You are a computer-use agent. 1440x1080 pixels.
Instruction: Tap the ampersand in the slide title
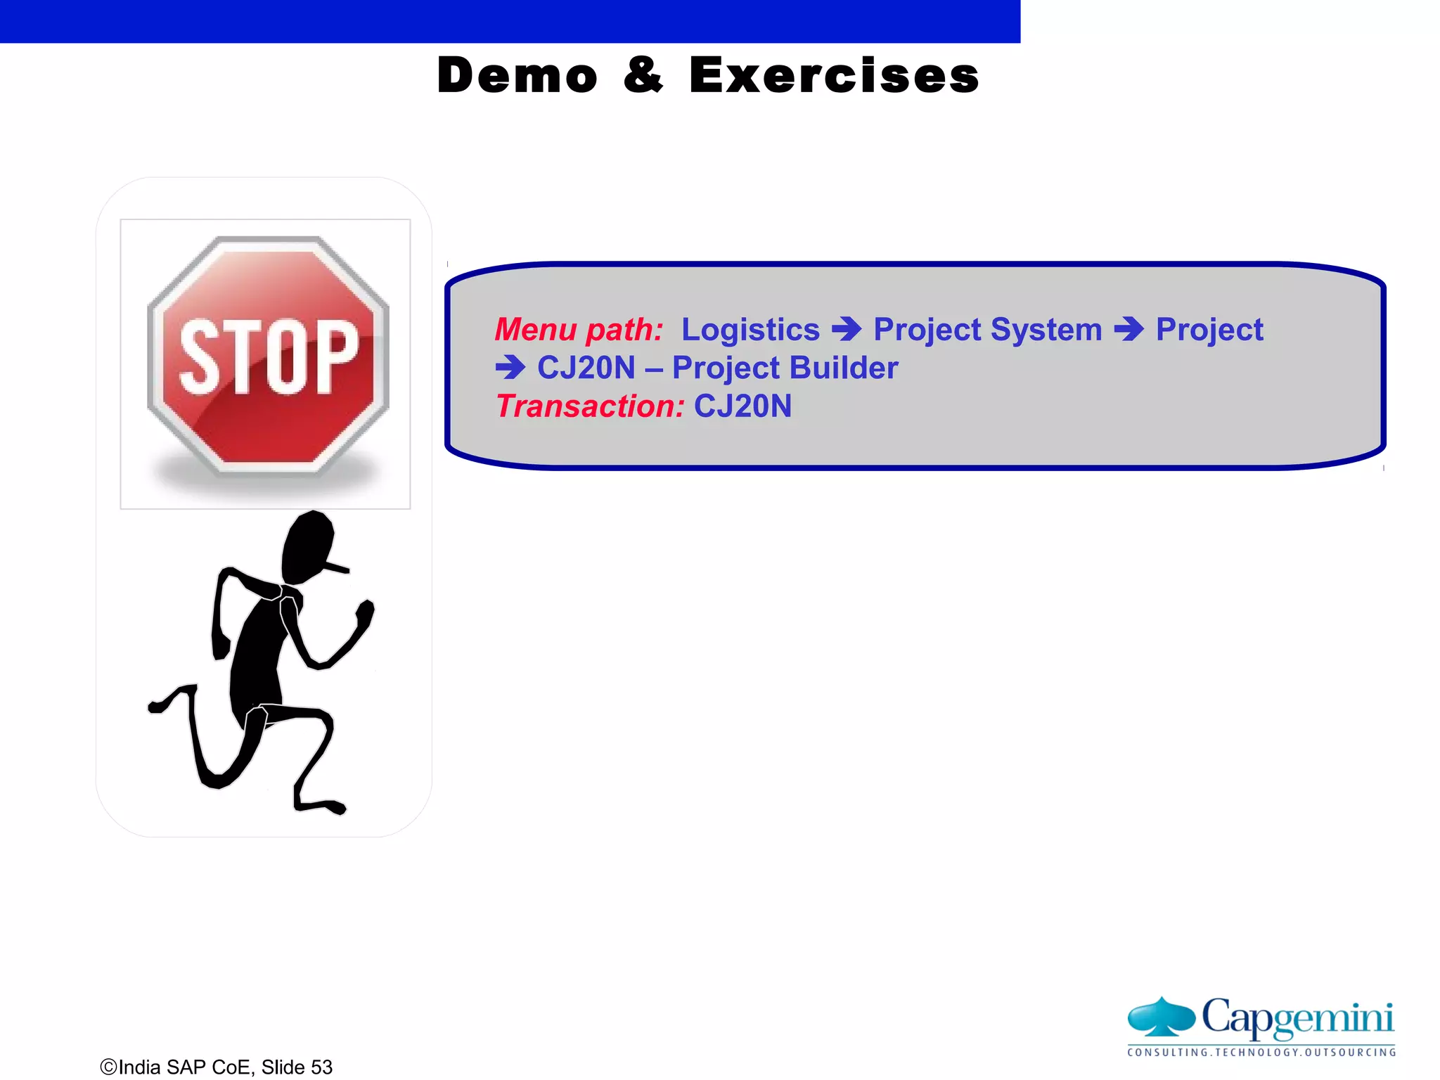tap(643, 75)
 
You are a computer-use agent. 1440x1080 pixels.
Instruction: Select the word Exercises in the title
tap(834, 75)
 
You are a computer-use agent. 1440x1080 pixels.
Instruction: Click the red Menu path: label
tap(579, 330)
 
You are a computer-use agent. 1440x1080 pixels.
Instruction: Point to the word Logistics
tap(750, 330)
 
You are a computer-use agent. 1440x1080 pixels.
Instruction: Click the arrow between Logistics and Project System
tap(847, 329)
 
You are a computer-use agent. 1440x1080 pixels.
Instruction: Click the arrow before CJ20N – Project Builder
tap(510, 367)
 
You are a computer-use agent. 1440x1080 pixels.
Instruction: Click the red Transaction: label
tap(590, 406)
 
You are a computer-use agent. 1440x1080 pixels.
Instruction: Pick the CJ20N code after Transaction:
tap(742, 406)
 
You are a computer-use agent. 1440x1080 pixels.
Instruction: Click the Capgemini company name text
tap(1297, 1017)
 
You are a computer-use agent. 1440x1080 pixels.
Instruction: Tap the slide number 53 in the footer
tap(321, 1067)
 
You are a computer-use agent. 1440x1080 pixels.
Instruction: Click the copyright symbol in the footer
tap(108, 1067)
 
